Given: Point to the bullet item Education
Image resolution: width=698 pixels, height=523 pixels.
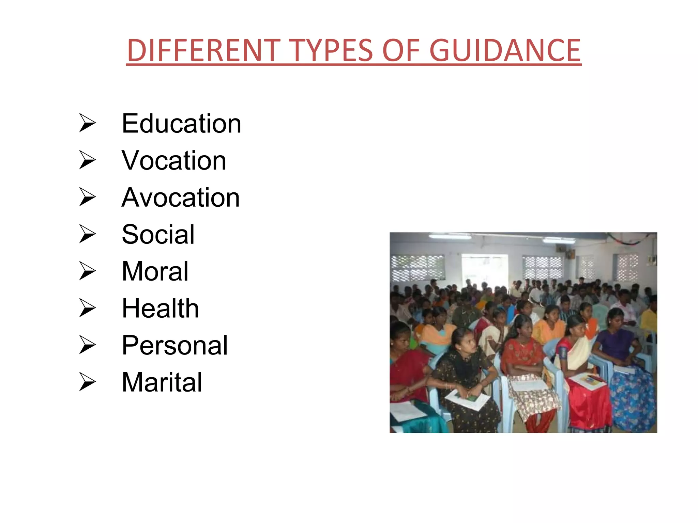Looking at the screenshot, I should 181,123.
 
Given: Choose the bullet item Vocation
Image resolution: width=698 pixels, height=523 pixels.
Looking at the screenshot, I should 174,160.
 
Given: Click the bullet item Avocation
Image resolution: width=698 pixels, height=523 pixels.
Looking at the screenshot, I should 181,197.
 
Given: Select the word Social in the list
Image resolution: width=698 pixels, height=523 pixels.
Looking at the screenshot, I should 158,234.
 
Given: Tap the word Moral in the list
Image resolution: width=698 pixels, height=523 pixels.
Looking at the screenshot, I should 155,271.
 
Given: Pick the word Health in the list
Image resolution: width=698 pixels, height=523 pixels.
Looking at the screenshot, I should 160,308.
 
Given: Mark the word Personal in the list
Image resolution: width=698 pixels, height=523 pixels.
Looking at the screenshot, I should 174,345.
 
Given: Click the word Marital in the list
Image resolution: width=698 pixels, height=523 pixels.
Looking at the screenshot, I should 162,382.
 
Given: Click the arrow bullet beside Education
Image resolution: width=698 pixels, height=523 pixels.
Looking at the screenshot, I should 87,123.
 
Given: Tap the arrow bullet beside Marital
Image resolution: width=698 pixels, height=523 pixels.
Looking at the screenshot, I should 87,382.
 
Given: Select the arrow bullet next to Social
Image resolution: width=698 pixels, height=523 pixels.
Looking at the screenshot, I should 87,234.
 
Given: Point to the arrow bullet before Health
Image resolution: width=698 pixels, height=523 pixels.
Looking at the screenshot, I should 87,308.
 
